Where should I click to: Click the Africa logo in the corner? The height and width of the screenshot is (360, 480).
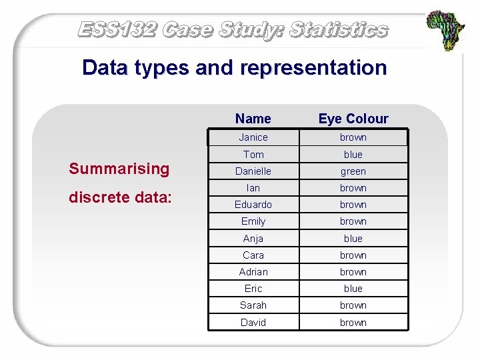(x=446, y=31)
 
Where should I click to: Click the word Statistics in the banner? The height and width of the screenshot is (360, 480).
(x=339, y=30)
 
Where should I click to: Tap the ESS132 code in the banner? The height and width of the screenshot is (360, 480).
(x=117, y=30)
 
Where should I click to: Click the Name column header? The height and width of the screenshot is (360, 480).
(x=253, y=119)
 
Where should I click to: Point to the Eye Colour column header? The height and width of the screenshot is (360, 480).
(x=353, y=119)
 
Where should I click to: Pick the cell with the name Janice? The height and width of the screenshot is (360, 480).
(x=253, y=137)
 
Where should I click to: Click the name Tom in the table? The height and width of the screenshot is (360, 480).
(x=253, y=155)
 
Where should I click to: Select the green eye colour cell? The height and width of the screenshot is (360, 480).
(x=353, y=171)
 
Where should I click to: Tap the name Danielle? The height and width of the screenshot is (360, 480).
(x=253, y=171)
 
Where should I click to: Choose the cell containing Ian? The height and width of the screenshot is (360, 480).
(x=253, y=188)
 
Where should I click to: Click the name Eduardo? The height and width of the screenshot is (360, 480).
(x=253, y=205)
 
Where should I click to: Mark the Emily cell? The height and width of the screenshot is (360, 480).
(x=253, y=221)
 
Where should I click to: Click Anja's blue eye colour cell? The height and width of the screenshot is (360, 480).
(x=353, y=239)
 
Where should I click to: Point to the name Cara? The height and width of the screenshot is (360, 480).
(x=253, y=255)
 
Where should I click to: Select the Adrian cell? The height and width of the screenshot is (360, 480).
(x=253, y=272)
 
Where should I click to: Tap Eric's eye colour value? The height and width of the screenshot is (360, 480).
(x=353, y=289)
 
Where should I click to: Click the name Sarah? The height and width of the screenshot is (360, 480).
(x=253, y=305)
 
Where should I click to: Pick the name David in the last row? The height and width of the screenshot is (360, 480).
(x=253, y=323)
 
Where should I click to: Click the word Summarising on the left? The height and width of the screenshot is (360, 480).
(x=119, y=169)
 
